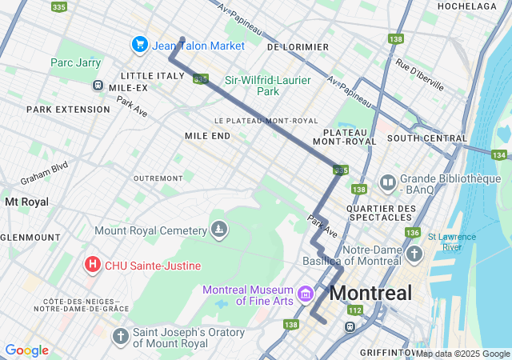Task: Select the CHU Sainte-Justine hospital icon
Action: tap(93, 264)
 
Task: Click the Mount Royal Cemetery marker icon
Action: tap(218, 230)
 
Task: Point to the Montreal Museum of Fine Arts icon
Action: tap(304, 294)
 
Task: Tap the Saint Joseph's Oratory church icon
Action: tap(120, 336)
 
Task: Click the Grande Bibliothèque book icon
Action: tap(388, 184)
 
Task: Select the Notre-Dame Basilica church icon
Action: tap(414, 254)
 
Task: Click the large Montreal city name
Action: tap(370, 293)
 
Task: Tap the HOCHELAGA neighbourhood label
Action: tap(467, 6)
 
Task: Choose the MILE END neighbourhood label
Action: tap(207, 136)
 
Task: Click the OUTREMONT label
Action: tap(158, 178)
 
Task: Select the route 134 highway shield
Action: tap(499, 155)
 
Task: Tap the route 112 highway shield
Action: tap(355, 310)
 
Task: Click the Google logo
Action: tap(26, 350)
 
